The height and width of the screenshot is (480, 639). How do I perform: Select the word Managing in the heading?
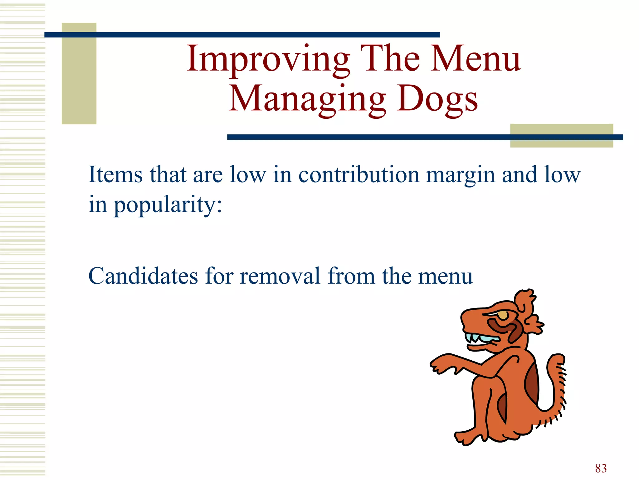click(x=307, y=99)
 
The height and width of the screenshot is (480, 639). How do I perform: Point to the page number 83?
click(x=601, y=468)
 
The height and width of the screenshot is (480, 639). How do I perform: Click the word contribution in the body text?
click(x=359, y=175)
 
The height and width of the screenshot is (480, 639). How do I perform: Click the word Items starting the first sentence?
click(x=115, y=175)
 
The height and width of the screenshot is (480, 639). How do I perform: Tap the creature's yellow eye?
click(x=503, y=315)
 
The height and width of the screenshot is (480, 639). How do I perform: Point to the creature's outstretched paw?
click(x=440, y=364)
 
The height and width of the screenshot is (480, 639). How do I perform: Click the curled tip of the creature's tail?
click(x=557, y=359)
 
